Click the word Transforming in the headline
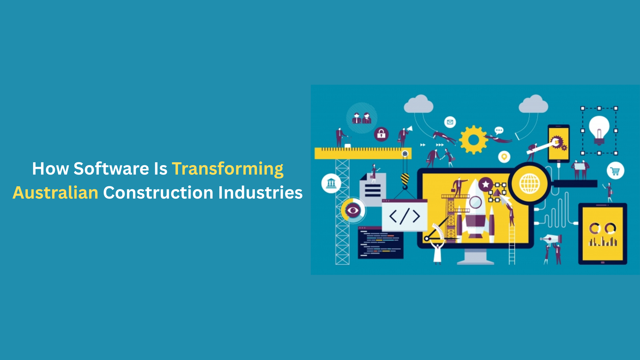[x=228, y=169]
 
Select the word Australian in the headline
[x=55, y=192]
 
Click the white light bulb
[x=599, y=130]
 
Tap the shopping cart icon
[x=615, y=171]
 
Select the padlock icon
[x=381, y=134]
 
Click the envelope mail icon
[x=450, y=122]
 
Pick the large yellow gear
[x=473, y=140]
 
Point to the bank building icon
[x=331, y=183]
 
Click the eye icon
[x=353, y=211]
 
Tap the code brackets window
[x=405, y=215]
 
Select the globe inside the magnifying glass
[x=529, y=184]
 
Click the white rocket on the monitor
[x=475, y=210]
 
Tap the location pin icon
[x=504, y=157]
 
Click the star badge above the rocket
[x=485, y=184]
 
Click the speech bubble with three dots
[x=499, y=131]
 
